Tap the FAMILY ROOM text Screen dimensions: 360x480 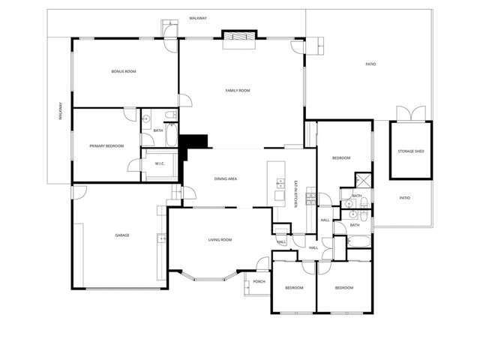pos(238,91)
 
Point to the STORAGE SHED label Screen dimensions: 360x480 pos(410,151)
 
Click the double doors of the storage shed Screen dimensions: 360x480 pos(410,113)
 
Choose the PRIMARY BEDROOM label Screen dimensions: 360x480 pos(106,145)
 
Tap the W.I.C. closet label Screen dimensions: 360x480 pos(160,163)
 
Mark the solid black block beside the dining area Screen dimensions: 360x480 pos(197,141)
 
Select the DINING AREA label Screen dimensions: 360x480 pos(226,178)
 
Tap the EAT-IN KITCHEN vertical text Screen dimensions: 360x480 pos(296,193)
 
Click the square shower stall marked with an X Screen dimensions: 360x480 pos(362,180)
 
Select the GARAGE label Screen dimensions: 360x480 pos(122,235)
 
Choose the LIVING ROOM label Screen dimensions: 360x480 pos(220,240)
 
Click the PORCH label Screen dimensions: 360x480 pos(259,281)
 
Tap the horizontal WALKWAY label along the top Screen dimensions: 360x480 pos(198,16)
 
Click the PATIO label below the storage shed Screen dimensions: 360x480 pos(404,198)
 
